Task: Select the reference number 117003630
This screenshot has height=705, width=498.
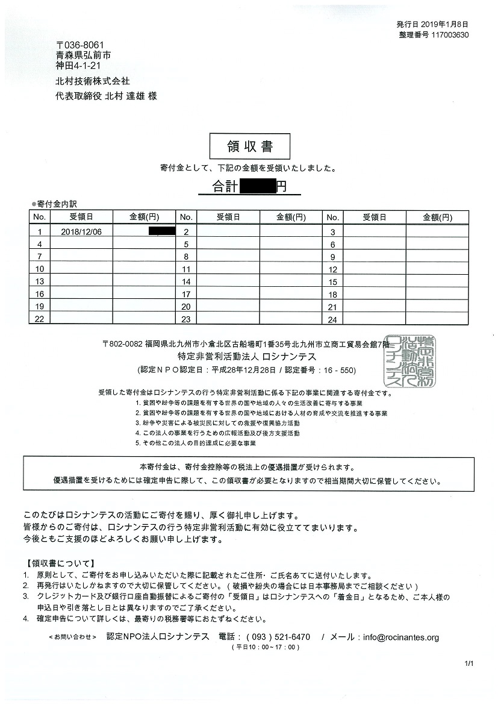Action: [446, 34]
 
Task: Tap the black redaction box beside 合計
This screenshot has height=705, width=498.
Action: [257, 187]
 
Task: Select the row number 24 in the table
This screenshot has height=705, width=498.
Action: [332, 319]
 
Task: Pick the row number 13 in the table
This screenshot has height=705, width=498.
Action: [40, 281]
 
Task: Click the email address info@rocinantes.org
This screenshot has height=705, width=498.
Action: [401, 637]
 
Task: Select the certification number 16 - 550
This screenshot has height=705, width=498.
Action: [340, 369]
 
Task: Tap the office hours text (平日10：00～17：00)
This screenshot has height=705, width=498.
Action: [265, 647]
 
